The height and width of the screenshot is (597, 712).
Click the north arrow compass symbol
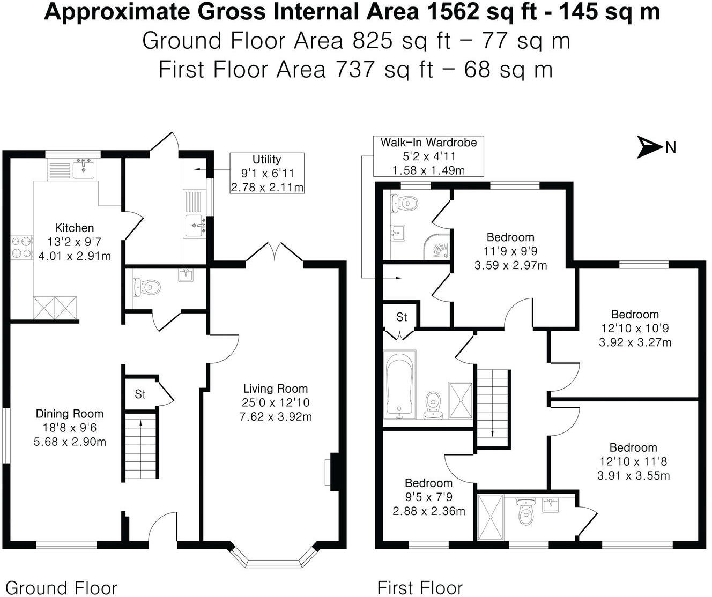click(x=650, y=147)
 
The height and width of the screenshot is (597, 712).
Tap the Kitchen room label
click(x=74, y=228)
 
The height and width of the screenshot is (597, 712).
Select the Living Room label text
click(x=276, y=389)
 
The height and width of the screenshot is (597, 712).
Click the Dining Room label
click(x=70, y=414)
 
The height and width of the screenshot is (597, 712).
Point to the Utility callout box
click(x=267, y=173)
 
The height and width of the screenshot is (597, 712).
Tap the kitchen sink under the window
click(x=84, y=169)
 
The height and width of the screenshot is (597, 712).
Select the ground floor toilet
click(x=145, y=287)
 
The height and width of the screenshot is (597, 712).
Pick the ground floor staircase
click(x=140, y=446)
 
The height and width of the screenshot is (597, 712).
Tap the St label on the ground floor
click(x=140, y=395)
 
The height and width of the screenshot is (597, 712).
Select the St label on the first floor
click(x=402, y=317)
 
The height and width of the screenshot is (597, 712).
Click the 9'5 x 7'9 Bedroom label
click(x=428, y=483)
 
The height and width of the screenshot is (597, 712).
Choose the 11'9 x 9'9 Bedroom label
click(x=510, y=237)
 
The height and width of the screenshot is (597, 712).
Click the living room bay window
click(x=276, y=561)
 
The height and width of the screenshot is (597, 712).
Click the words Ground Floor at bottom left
click(x=61, y=587)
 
